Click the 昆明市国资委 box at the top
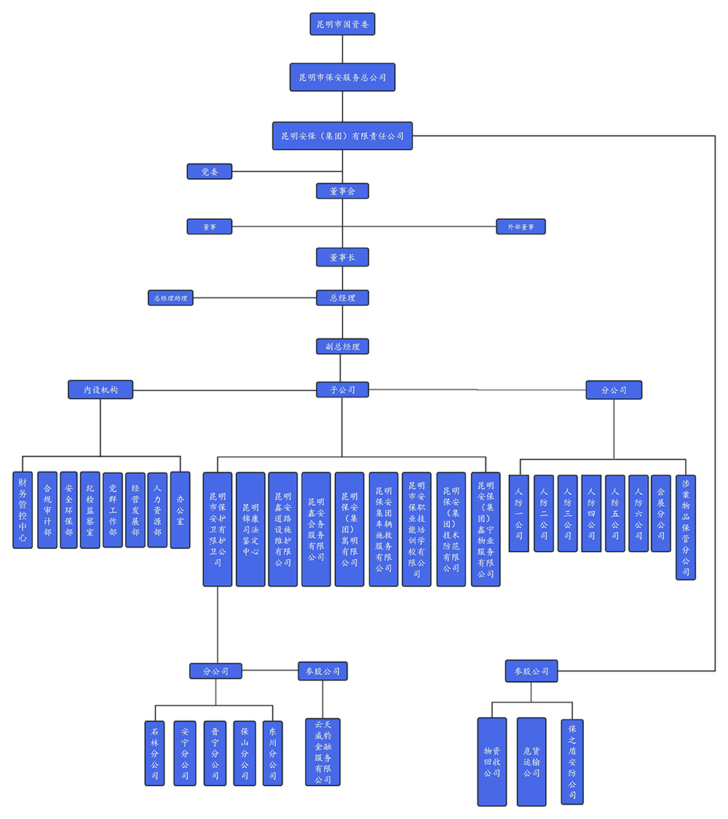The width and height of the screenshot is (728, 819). pyautogui.click(x=342, y=25)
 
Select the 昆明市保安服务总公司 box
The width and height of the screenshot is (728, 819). pyautogui.click(x=342, y=76)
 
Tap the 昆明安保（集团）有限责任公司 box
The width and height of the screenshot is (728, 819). pyautogui.click(x=342, y=135)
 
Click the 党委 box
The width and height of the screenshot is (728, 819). pyautogui.click(x=210, y=172)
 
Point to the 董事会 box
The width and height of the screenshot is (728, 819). pyautogui.click(x=342, y=191)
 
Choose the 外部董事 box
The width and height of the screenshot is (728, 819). pyautogui.click(x=521, y=226)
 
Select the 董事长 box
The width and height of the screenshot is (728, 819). pyautogui.click(x=342, y=257)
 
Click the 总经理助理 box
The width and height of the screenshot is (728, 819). pyautogui.click(x=170, y=298)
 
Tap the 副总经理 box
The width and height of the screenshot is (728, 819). pyautogui.click(x=342, y=347)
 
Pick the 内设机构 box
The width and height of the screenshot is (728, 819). pyautogui.click(x=100, y=390)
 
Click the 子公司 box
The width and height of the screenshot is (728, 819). pyautogui.click(x=342, y=390)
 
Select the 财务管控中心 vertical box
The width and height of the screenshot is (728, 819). pyautogui.click(x=23, y=510)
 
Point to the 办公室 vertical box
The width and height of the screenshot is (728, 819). pyautogui.click(x=180, y=510)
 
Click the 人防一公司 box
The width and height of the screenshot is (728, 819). pyautogui.click(x=518, y=513)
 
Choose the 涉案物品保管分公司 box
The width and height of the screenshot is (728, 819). pyautogui.click(x=686, y=527)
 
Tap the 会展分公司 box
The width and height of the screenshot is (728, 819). pyautogui.click(x=660, y=513)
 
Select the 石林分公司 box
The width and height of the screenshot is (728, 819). pyautogui.click(x=154, y=753)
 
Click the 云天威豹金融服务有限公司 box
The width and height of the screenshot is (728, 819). pyautogui.click(x=323, y=752)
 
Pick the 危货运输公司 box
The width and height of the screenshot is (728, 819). pyautogui.click(x=531, y=761)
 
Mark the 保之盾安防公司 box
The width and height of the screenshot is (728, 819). pyautogui.click(x=572, y=761)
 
